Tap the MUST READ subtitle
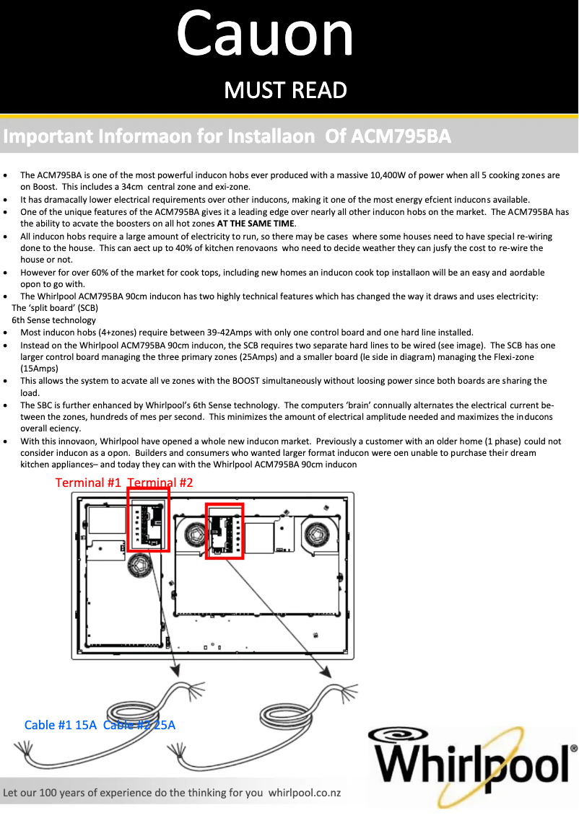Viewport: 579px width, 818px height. coord(286,90)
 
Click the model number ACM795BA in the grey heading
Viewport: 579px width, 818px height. coord(400,136)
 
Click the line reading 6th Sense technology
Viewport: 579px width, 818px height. coord(54,320)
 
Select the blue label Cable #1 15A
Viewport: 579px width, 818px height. coord(60,725)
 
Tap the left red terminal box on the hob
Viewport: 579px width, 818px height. coord(148,519)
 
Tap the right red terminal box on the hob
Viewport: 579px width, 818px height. coord(225,531)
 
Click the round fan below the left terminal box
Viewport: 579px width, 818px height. coord(140,568)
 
